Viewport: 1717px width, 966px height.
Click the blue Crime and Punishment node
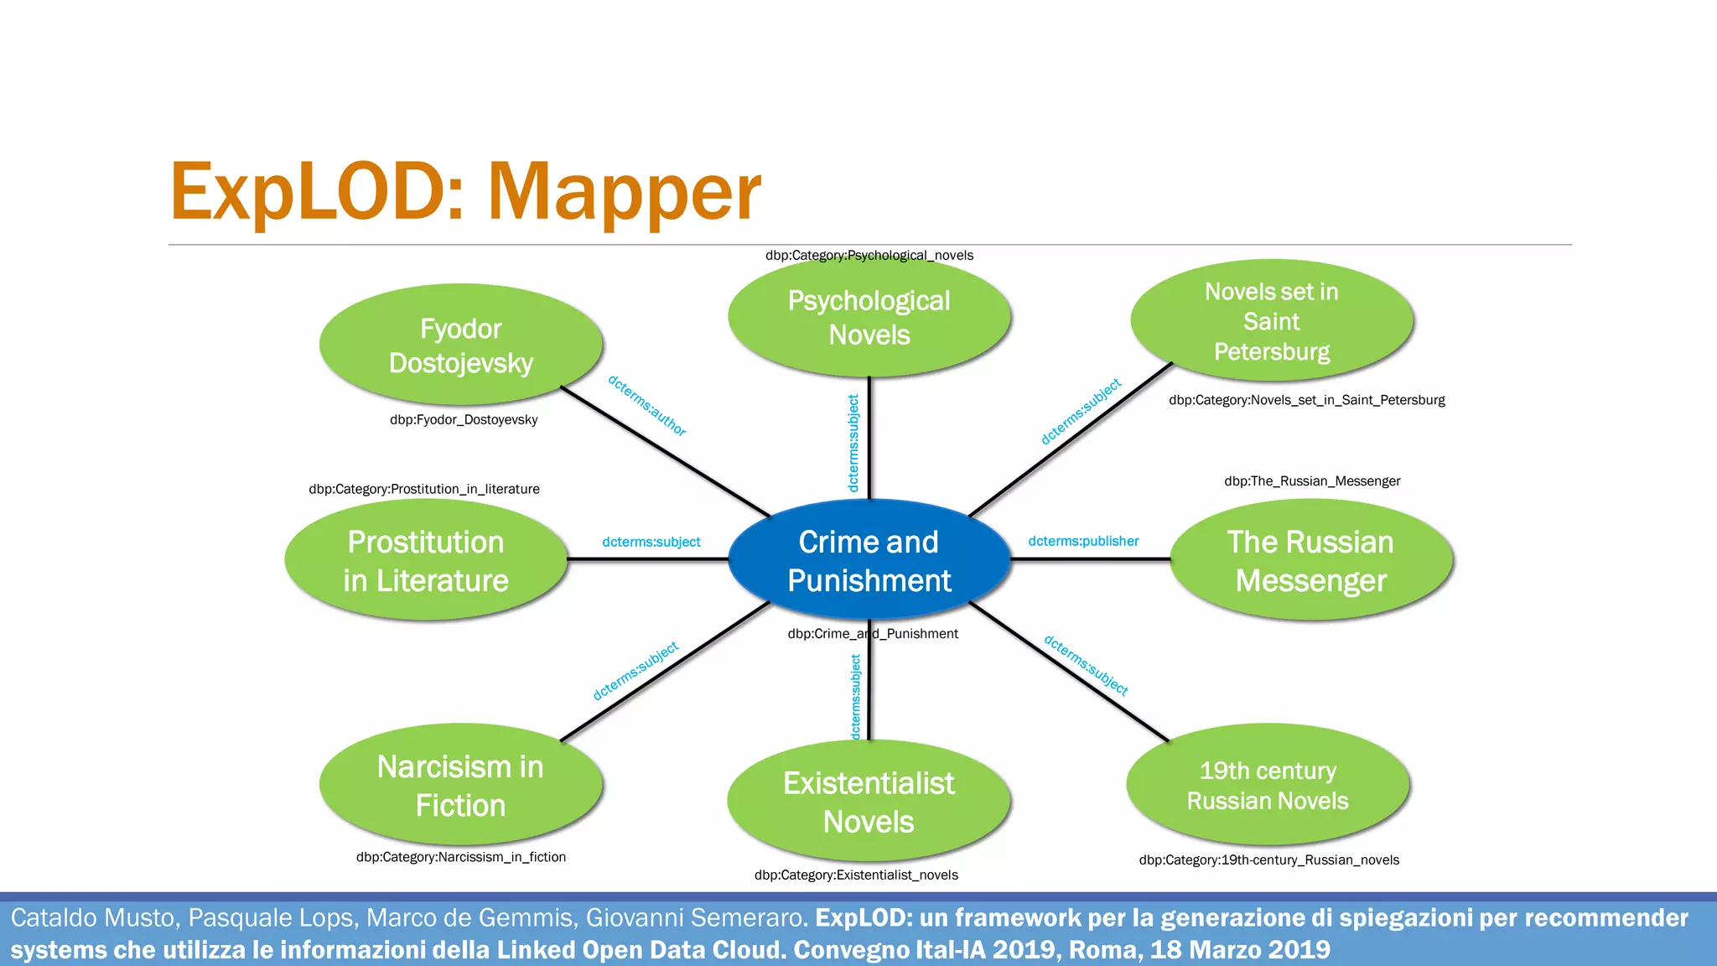(869, 560)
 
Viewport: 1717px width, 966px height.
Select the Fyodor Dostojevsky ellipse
(460, 345)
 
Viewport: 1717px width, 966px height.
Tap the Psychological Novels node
(869, 318)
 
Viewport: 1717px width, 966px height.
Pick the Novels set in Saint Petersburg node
(1271, 321)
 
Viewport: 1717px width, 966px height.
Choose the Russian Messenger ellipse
(1310, 560)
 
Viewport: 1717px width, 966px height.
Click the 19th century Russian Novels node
(1268, 785)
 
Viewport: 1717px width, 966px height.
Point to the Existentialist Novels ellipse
(869, 802)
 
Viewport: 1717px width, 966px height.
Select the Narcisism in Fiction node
(460, 785)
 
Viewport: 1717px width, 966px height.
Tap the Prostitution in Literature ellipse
(426, 560)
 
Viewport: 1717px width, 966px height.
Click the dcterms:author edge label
(646, 406)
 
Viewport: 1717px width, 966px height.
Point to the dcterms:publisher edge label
(1083, 541)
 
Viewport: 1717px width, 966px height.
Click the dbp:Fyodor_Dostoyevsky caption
(464, 419)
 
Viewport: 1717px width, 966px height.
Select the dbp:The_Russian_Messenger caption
(1312, 480)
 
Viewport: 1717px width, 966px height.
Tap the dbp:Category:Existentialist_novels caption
(856, 875)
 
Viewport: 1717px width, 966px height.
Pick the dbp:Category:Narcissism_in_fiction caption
(460, 857)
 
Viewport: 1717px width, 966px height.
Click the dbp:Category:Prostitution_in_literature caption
(424, 489)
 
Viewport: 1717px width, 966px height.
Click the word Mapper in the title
(624, 193)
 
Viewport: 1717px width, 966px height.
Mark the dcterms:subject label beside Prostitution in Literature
(651, 542)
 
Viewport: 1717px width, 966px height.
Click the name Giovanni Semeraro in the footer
(695, 917)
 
